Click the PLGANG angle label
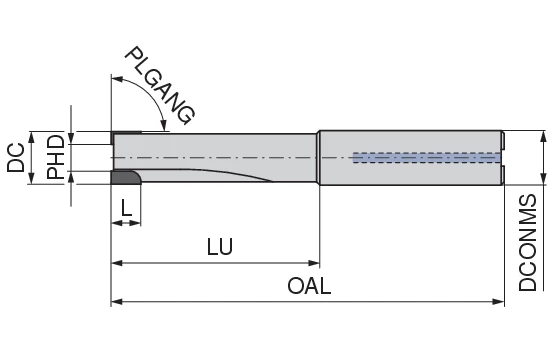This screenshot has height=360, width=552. pos(161,86)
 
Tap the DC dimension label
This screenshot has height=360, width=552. pos(16,157)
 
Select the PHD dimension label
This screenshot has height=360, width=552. pos(56,157)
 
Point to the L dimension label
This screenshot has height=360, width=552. pos(126,208)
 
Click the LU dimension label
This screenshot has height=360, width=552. pos(220,247)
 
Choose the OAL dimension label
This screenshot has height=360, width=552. pos(309,286)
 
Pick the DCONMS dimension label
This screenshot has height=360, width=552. pos(527,243)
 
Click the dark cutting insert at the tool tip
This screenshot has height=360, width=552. pos(125,177)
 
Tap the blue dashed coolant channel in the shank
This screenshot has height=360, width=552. pos(427,158)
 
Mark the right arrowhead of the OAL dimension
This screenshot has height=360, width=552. pos(498,302)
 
